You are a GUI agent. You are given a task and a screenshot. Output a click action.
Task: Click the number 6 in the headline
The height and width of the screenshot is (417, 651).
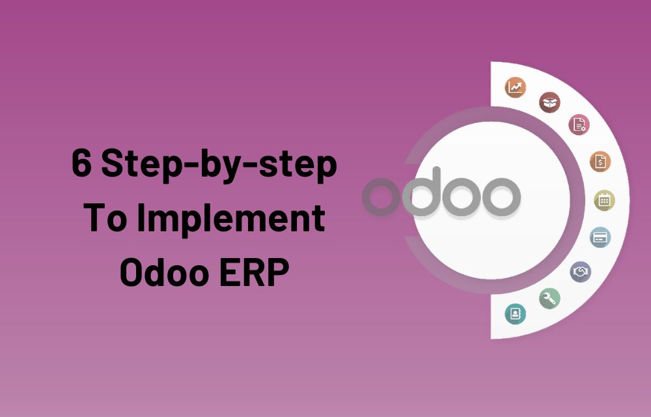coord(81,164)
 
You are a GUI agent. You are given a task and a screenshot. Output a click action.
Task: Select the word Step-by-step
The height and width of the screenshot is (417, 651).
coord(219,166)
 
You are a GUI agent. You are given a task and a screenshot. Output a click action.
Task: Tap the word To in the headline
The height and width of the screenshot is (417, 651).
coord(105,218)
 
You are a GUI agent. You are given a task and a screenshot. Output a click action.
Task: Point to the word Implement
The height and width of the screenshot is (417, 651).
coord(231,220)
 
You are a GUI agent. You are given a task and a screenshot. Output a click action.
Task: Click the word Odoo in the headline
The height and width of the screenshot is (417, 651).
coord(165,272)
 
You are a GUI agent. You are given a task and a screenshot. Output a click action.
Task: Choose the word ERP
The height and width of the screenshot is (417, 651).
coord(254,272)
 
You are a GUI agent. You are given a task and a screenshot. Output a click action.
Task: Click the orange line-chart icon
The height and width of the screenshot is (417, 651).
coord(515,88)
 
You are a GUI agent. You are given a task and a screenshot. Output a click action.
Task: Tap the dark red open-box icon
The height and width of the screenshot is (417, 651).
coord(549,102)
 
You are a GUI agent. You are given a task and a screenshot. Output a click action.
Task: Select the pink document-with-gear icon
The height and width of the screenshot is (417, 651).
coord(579,124)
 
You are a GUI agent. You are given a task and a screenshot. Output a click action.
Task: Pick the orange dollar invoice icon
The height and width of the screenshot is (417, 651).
coord(600,162)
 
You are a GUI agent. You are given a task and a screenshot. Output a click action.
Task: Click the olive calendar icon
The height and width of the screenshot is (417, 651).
coord(605,201)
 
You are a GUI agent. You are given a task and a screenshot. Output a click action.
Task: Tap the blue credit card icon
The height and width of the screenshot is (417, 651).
coord(600,237)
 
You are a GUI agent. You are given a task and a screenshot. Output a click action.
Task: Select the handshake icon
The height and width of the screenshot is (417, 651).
coord(581,272)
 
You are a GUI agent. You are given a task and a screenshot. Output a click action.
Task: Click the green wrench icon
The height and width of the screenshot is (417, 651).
coord(549,298)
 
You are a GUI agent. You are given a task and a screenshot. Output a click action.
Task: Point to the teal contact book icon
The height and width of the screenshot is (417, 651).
coord(515,313)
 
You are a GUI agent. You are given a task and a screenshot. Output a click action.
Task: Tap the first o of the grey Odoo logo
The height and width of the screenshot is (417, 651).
coord(381,197)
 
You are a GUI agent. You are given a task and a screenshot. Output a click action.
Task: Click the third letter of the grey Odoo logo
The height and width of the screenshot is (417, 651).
coord(461,197)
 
